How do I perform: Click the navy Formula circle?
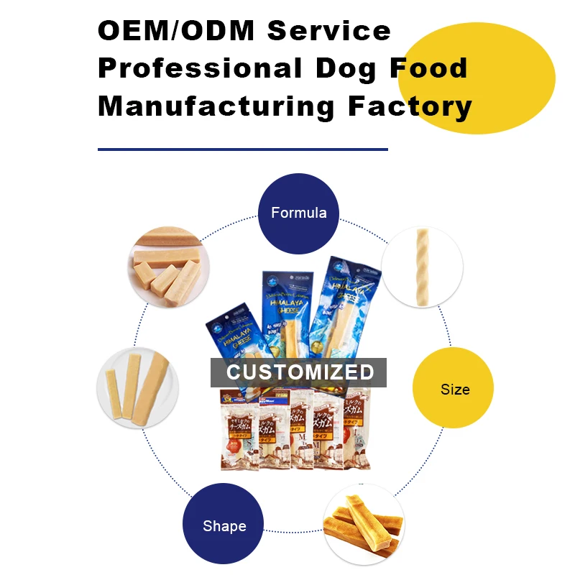[x=298, y=213]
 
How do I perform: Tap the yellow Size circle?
[x=454, y=389]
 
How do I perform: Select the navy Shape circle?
[x=223, y=525]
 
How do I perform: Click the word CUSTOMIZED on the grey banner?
[x=300, y=372]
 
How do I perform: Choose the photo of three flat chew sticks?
[x=137, y=389]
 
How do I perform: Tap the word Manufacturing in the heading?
[x=216, y=106]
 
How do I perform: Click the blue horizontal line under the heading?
[x=242, y=149]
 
